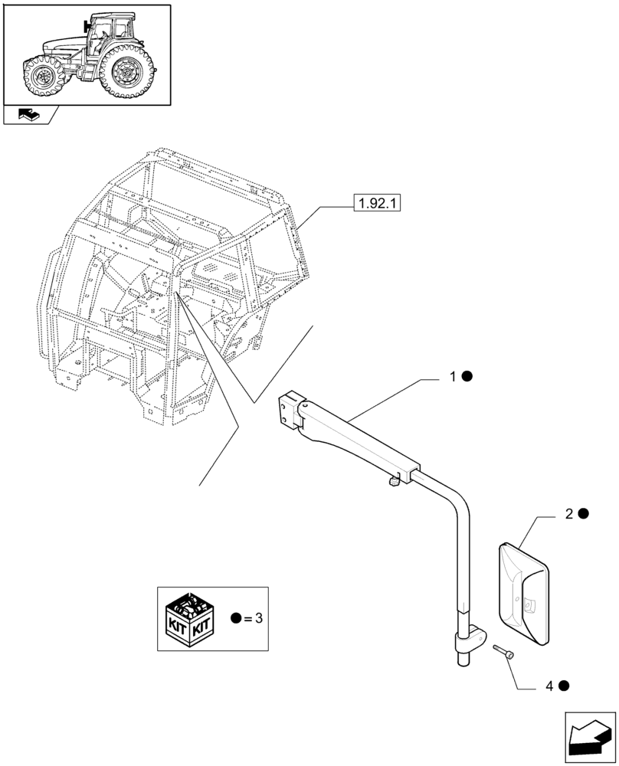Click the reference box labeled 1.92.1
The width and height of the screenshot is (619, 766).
tap(377, 204)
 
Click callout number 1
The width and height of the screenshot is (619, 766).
tap(453, 377)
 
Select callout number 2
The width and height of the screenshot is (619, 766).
tap(569, 514)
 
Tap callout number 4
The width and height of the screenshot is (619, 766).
tap(549, 686)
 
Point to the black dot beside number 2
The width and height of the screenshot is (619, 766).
tap(583, 514)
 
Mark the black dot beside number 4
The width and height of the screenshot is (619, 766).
tap(564, 686)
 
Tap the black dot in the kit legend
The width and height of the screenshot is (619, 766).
tap(235, 618)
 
